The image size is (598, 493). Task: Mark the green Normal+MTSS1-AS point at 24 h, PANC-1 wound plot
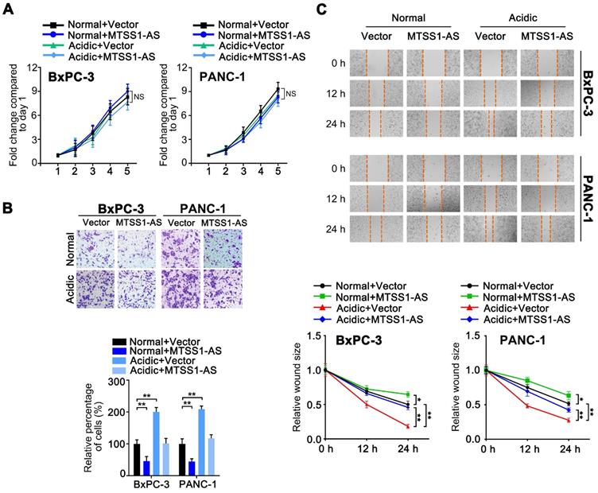(x=568, y=395)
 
